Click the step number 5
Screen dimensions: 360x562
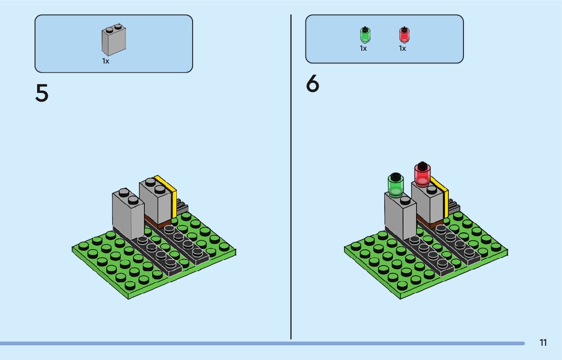point(42,93)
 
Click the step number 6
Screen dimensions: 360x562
point(313,84)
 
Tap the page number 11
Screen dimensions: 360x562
point(543,343)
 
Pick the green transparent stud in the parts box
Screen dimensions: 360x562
point(365,35)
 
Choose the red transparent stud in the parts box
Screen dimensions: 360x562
point(404,35)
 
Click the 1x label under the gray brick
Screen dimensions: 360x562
point(106,61)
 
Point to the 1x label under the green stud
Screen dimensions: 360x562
point(363,49)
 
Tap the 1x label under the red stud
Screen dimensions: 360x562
point(402,49)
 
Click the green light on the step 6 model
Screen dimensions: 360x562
point(395,184)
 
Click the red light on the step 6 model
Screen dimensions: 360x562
point(422,174)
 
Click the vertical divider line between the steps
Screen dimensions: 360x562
point(291,178)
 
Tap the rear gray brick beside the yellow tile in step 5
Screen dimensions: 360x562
point(157,201)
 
